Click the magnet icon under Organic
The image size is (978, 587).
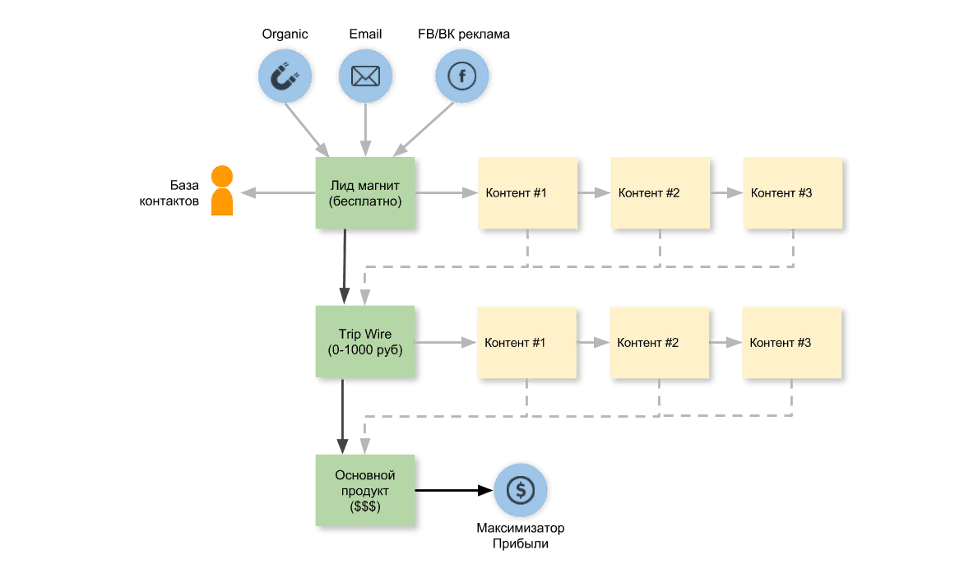(x=285, y=76)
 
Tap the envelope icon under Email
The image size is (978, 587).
(x=365, y=76)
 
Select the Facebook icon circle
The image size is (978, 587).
(x=462, y=76)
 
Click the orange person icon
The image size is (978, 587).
(x=222, y=191)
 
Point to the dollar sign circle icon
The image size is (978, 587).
(x=521, y=491)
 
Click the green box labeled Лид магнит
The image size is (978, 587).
(x=365, y=193)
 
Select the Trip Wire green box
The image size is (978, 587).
(x=365, y=341)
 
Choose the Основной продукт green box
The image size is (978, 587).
(x=365, y=491)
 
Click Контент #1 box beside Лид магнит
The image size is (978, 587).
(x=528, y=193)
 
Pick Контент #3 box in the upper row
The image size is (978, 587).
(x=793, y=193)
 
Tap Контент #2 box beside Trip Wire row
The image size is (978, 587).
(x=660, y=343)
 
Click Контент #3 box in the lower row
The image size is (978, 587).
(x=791, y=343)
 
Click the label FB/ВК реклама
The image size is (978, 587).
(x=463, y=35)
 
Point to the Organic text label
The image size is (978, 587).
(x=285, y=35)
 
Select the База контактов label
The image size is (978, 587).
(x=169, y=193)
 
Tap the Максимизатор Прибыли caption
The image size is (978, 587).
(x=520, y=535)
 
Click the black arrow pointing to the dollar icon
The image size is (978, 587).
(x=454, y=491)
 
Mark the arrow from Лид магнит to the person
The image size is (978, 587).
(x=278, y=193)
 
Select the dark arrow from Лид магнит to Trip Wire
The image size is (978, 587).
(x=345, y=266)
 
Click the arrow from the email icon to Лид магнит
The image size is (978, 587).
(x=365, y=130)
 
